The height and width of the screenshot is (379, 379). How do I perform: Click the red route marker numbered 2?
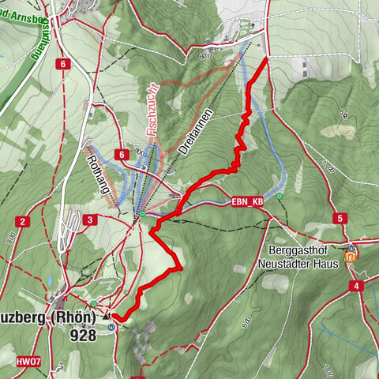(24, 221)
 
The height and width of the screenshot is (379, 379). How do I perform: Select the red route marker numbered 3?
(92, 220)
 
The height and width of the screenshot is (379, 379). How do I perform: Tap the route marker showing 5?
(340, 218)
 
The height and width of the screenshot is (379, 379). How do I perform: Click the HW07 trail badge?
(29, 361)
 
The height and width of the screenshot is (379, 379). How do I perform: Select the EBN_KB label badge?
(246, 202)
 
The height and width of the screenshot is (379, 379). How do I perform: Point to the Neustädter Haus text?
(303, 262)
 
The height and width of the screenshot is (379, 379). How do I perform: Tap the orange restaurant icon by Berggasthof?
(351, 255)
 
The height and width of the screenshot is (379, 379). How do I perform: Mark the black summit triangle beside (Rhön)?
(105, 317)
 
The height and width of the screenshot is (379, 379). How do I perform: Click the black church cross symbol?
(253, 25)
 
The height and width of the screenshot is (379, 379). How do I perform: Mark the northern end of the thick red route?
(265, 59)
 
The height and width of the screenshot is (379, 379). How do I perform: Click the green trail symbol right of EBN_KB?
(280, 196)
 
